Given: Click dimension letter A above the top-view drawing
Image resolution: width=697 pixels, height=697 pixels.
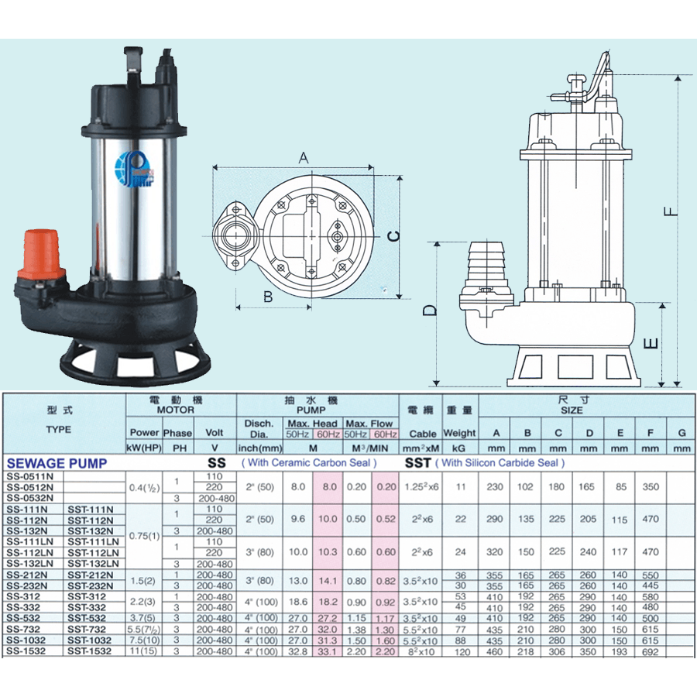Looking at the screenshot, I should pyautogui.click(x=304, y=157).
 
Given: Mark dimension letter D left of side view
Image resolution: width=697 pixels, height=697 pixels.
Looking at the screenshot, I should pyautogui.click(x=431, y=311).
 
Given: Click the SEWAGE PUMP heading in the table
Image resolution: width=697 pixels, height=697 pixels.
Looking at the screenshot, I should pyautogui.click(x=56, y=463).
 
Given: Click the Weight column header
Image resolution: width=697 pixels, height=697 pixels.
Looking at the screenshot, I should pyautogui.click(x=460, y=434).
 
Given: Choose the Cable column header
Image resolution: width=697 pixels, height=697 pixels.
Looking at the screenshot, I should pyautogui.click(x=422, y=434).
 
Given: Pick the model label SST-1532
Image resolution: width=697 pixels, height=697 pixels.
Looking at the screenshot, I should pyautogui.click(x=90, y=651).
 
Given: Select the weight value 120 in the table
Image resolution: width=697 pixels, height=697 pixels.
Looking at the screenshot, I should pyautogui.click(x=461, y=652).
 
